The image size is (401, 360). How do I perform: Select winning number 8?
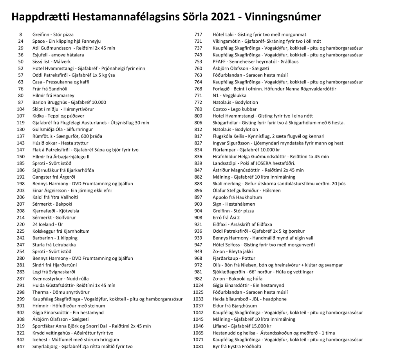[x=21, y=34]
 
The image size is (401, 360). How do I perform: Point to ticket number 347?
[x=21, y=347]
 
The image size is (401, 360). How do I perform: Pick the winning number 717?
[x=198, y=34]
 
